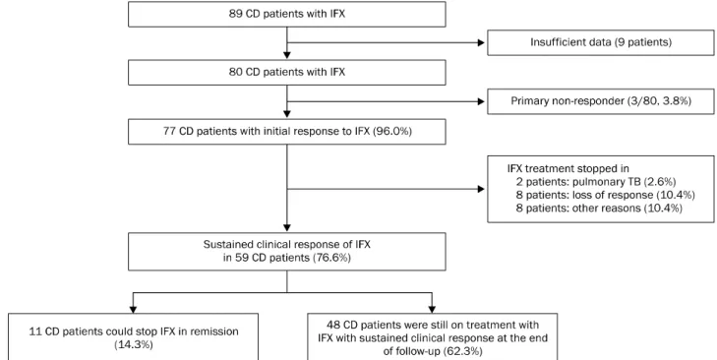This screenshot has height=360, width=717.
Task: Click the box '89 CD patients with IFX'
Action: click(287, 14)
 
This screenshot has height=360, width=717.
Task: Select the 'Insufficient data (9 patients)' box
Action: click(600, 42)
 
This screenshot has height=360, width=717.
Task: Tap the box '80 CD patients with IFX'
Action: click(287, 72)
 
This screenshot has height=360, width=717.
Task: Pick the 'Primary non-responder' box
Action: click(600, 101)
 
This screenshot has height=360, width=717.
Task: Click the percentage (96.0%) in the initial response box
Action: click(392, 132)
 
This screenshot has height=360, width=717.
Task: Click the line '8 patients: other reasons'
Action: click(578, 209)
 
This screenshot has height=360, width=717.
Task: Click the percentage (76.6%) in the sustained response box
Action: click(331, 258)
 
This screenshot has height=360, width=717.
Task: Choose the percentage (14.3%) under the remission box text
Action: click(133, 344)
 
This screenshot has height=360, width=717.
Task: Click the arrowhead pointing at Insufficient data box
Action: click(481, 42)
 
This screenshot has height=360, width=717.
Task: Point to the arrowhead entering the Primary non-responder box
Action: click(481, 101)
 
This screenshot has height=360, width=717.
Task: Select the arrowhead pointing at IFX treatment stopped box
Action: click(481, 189)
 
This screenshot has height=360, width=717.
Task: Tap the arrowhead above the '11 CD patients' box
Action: click(133, 309)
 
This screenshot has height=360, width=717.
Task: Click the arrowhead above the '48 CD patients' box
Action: click(432, 309)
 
